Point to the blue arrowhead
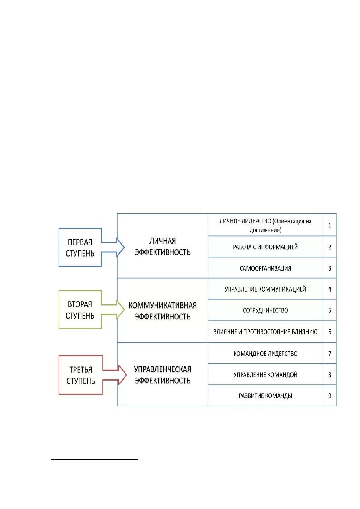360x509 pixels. [x=121, y=248]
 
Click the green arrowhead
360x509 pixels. [x=121, y=310]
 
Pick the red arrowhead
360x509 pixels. [x=122, y=375]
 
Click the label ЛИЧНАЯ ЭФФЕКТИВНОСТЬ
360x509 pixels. [x=163, y=247]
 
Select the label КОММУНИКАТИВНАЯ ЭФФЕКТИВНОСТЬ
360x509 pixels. [x=163, y=311]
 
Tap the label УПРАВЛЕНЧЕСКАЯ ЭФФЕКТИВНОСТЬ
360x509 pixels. [x=163, y=375]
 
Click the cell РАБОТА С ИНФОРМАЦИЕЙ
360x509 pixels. [x=265, y=247]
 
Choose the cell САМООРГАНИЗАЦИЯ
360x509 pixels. [x=265, y=268]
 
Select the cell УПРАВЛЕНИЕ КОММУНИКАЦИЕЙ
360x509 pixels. [x=265, y=289]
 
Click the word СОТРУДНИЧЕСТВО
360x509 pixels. [x=265, y=310]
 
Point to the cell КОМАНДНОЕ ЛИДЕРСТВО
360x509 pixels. [x=265, y=354]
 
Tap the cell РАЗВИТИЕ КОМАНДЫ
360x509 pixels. [x=265, y=396]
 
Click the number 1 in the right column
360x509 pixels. [x=329, y=225]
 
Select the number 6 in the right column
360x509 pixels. [x=329, y=332]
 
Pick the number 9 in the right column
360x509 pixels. [x=329, y=396]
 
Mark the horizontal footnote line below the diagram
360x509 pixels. [x=95, y=459]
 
